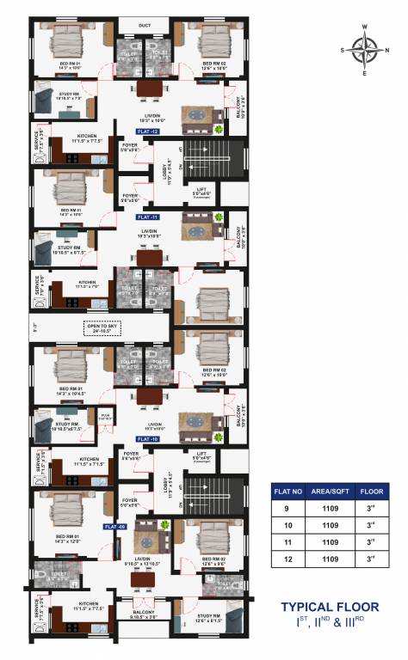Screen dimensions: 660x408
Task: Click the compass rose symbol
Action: click(367, 51)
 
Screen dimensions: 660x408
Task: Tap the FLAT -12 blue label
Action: click(148, 131)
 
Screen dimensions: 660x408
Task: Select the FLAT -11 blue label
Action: click(148, 218)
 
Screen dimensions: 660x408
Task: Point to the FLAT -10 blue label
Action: click(148, 439)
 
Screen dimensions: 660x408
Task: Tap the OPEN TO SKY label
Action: click(101, 327)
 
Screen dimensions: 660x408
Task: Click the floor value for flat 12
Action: click(370, 559)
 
